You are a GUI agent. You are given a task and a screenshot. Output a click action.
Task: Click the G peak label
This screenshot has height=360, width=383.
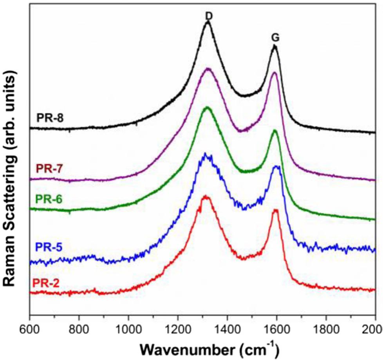(x=275, y=38)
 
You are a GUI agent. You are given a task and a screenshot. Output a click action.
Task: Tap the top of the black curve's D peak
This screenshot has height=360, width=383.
(x=208, y=22)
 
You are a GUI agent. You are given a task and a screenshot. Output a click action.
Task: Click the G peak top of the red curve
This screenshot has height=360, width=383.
(x=275, y=211)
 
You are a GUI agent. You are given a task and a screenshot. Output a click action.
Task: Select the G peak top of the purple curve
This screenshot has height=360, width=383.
(x=275, y=73)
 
